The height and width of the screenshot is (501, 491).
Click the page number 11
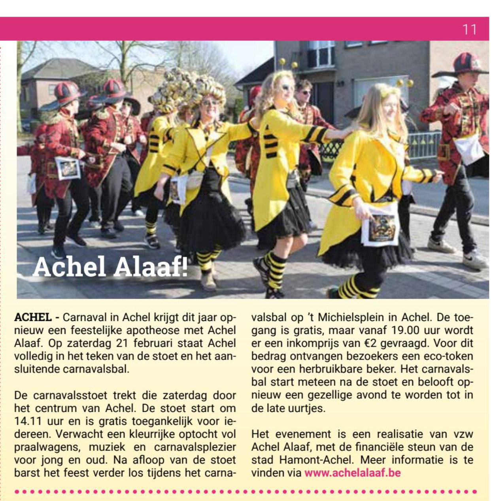469,30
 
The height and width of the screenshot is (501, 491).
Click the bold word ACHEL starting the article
33,317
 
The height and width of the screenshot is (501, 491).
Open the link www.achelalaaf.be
353,473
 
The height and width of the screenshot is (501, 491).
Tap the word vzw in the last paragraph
463,434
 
